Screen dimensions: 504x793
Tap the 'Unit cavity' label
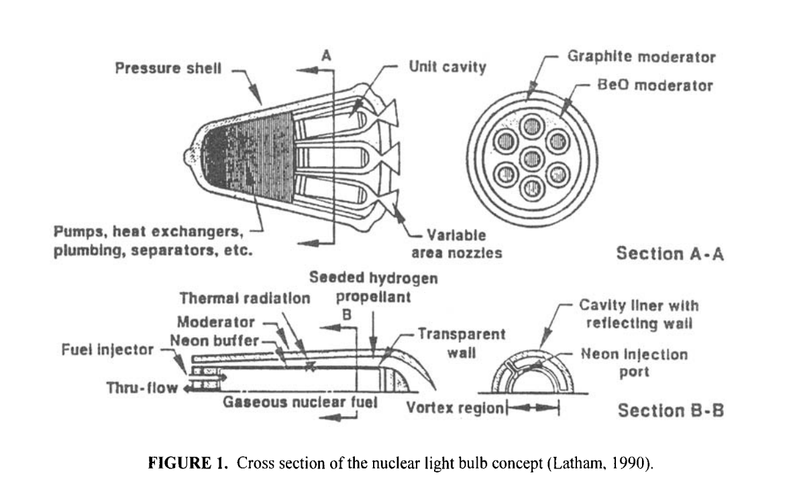[447, 67]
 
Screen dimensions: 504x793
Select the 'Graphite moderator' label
[641, 57]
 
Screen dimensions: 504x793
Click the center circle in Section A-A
[532, 158]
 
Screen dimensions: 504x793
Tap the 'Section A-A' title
[670, 253]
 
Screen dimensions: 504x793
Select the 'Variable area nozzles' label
[456, 245]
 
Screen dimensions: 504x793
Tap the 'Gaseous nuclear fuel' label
[300, 402]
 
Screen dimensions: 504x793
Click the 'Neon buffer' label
[215, 340]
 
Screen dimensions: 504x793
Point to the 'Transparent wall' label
[462, 342]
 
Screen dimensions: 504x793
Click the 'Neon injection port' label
[634, 363]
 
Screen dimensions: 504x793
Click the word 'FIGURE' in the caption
[176, 465]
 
